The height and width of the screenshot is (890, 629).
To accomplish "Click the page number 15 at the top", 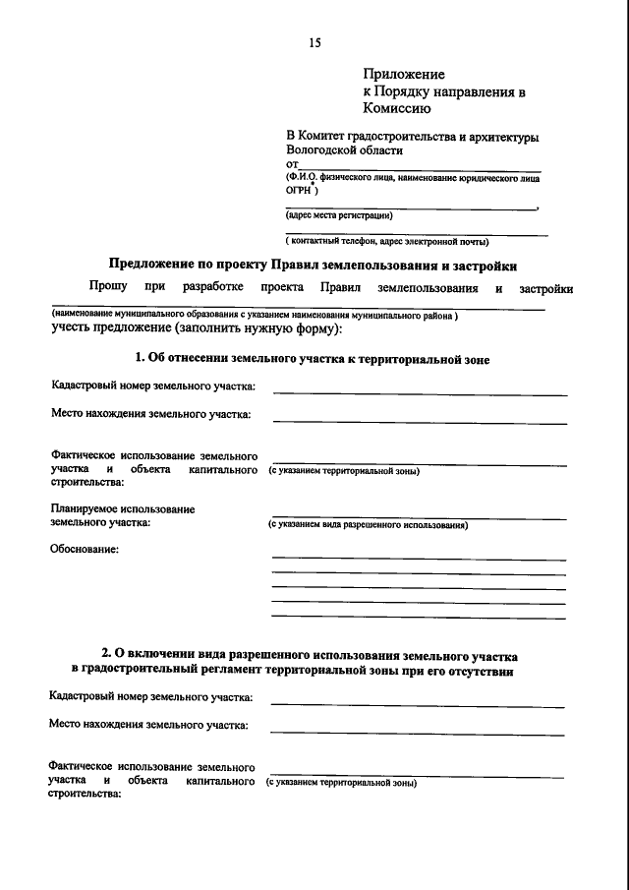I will tap(314, 42).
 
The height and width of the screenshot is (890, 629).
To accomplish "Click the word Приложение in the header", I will tap(404, 74).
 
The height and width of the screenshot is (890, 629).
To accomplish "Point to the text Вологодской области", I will tap(344, 151).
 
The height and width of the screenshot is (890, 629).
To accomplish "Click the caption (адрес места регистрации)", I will tap(338, 214).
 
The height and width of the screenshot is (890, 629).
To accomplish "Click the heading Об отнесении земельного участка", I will tap(313, 360).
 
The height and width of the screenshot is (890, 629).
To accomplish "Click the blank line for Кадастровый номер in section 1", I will tap(420, 393).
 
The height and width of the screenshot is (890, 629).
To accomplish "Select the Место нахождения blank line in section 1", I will tap(420, 422).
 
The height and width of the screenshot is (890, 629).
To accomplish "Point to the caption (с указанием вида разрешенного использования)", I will tap(368, 525).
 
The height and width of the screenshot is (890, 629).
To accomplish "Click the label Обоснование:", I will tap(85, 549).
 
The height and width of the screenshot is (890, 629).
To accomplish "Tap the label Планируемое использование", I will tap(123, 509).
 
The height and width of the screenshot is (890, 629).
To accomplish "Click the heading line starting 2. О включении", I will tap(311, 654).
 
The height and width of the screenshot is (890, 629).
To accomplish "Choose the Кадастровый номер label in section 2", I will tap(151, 697).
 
